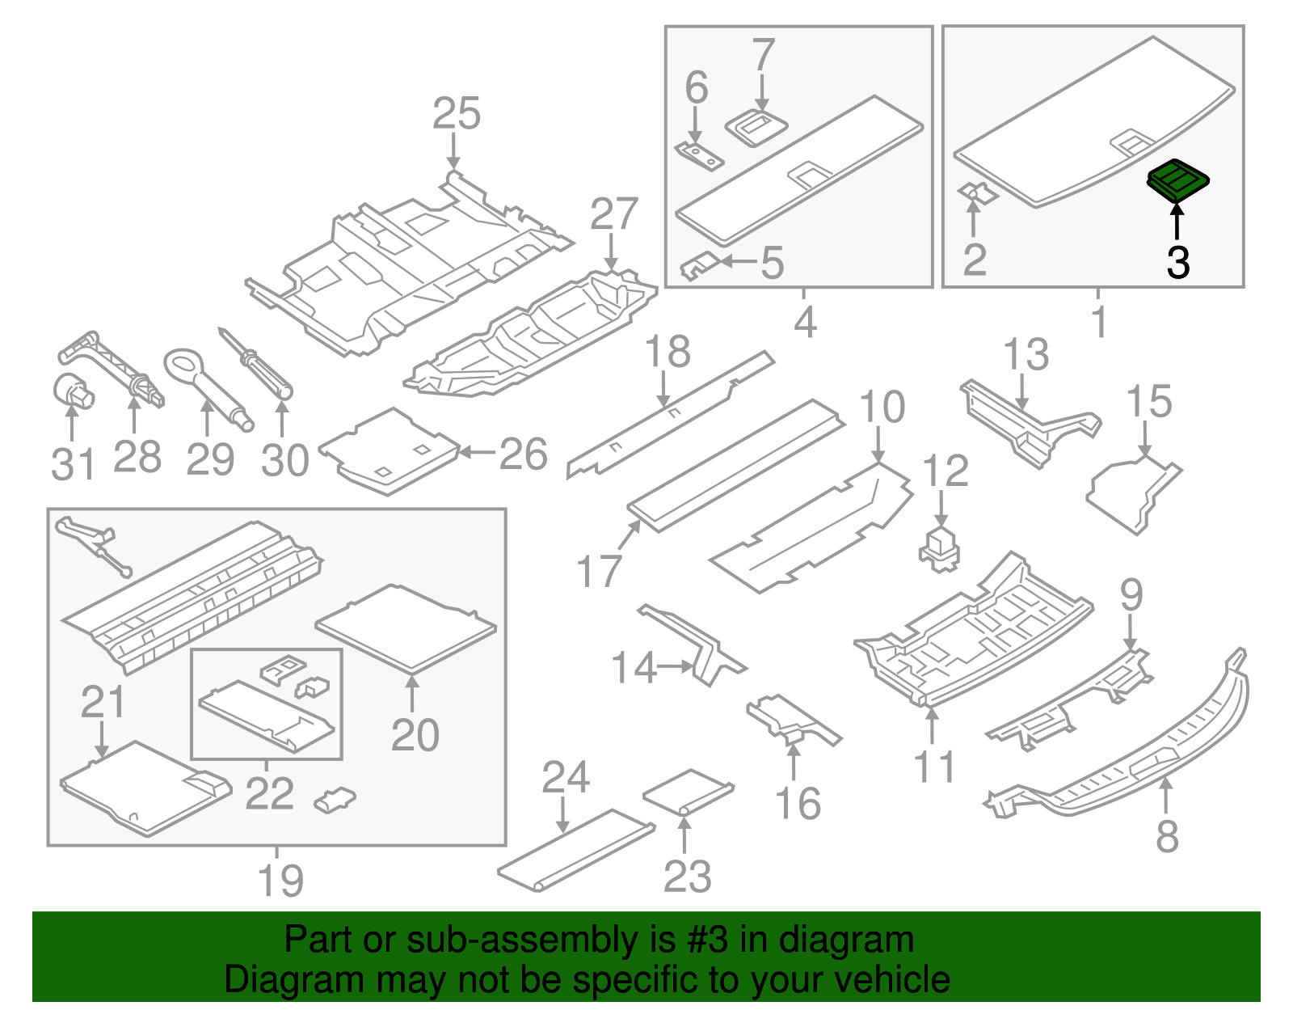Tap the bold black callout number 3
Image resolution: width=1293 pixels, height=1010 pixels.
(1177, 263)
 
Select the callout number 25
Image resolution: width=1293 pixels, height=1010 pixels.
(456, 114)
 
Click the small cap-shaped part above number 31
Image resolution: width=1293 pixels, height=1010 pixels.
(73, 391)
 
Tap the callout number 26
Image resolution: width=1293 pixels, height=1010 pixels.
(523, 454)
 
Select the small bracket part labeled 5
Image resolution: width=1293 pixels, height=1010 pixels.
(700, 264)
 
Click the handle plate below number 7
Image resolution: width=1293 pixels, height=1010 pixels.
(757, 127)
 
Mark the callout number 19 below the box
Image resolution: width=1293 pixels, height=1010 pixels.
(280, 880)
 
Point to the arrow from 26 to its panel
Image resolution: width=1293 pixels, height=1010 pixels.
(478, 453)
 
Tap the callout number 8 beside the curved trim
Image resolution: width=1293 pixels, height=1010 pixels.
(1166, 836)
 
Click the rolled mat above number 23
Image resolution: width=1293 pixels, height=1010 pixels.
(688, 792)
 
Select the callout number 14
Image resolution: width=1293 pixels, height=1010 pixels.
(634, 668)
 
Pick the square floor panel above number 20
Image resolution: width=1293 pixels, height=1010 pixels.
(406, 628)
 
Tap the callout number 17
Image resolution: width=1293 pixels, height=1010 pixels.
(599, 571)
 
